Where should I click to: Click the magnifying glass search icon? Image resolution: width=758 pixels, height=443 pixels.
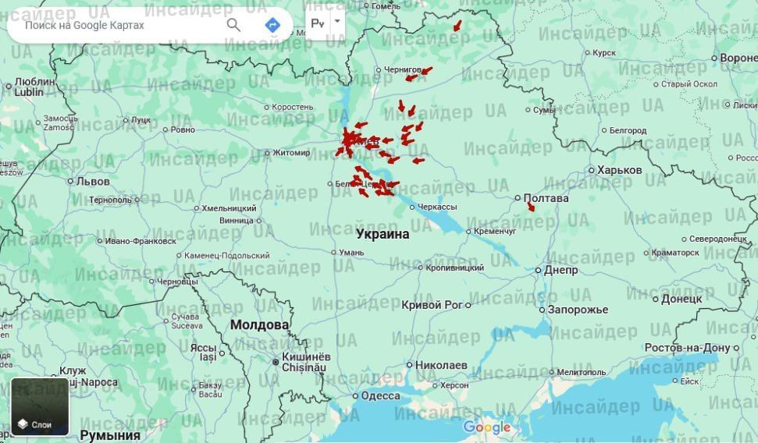233,25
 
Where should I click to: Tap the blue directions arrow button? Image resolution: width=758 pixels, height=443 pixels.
272,25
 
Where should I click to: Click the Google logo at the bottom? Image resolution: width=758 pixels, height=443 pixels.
486,427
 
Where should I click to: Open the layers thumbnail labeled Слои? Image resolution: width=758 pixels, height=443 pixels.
40,406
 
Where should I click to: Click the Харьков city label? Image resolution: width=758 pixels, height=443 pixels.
619,170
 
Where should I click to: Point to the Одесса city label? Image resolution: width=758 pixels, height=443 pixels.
380,396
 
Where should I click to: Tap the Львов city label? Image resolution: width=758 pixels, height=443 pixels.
93,181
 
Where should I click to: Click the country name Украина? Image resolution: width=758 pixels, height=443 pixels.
383,234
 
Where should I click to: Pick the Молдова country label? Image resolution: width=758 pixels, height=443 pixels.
259,324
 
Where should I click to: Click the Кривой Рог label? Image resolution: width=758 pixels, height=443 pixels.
432,305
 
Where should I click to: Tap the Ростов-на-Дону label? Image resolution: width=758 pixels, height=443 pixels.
681,347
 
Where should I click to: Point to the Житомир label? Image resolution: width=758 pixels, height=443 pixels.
290,153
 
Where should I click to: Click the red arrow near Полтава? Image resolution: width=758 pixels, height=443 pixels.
530,206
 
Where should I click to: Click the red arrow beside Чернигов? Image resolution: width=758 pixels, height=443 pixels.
423,73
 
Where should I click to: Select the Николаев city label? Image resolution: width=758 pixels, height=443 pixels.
441,365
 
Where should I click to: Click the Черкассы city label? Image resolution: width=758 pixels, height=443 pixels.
437,207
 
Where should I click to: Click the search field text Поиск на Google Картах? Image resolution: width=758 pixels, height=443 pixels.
84,25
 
